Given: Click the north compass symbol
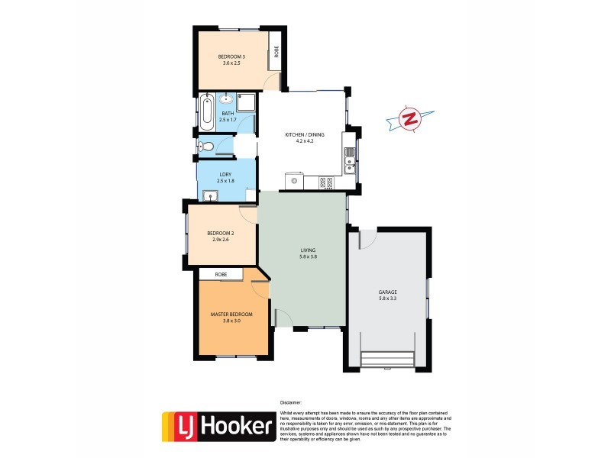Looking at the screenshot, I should tap(410, 119).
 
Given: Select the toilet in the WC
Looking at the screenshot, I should tap(203, 147).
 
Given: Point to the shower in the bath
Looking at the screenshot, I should tap(247, 102).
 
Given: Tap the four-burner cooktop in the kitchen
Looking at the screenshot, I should tap(325, 182).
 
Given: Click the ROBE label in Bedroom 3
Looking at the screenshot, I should tap(277, 53).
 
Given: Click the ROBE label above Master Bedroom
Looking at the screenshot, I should tap(221, 274).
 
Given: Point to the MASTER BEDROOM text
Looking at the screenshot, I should tap(231, 314).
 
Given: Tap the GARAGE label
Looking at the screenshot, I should tap(387, 292).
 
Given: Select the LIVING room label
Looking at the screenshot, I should tap(308, 250).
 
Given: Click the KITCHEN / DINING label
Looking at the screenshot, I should tap(305, 134).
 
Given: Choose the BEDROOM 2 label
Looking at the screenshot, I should tap(221, 233).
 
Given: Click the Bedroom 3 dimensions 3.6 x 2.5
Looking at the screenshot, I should tap(231, 63).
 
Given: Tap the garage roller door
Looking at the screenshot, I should tap(387, 359).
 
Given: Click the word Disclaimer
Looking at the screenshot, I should tap(290, 402).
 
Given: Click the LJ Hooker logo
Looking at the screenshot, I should tap(218, 427).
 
